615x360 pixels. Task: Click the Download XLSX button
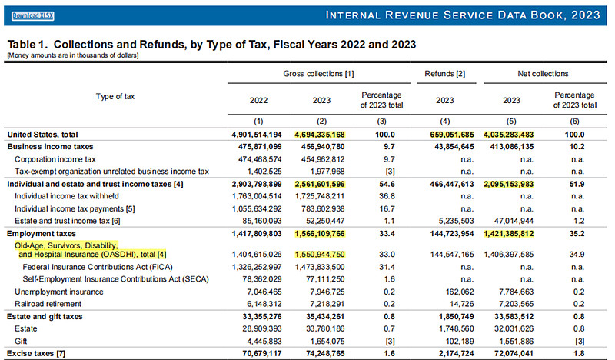click(33, 15)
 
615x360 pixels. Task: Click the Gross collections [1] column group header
click(318, 74)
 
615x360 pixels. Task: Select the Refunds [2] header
click(445, 74)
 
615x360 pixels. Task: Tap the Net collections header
click(543, 74)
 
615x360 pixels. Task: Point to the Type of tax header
click(115, 97)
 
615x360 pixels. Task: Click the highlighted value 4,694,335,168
click(320, 135)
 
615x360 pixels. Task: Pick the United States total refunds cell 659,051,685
click(452, 135)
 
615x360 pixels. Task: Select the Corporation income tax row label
click(55, 159)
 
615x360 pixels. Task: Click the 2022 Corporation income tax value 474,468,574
click(257, 159)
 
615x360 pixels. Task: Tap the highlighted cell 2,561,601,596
click(320, 184)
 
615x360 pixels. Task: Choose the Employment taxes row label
click(42, 234)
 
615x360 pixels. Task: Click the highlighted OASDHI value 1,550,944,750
click(320, 255)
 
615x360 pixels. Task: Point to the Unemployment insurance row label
click(59, 292)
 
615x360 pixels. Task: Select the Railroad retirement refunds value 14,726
click(462, 304)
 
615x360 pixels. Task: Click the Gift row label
click(21, 342)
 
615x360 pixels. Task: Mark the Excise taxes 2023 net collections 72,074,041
click(514, 353)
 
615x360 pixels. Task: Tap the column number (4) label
click(445, 122)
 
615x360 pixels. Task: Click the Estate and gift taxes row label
click(45, 316)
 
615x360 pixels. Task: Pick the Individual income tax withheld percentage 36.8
click(387, 196)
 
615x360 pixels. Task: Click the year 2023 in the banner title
click(586, 15)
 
